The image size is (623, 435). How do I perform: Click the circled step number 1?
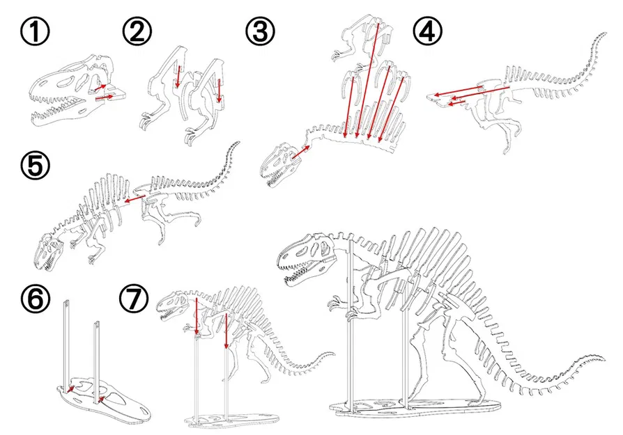pos(35,32)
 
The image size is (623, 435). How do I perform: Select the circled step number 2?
pos(137,31)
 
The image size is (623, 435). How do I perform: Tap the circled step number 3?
pos(259,31)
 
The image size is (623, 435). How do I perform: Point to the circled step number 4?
pos(426,32)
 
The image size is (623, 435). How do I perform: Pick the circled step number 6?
pos(34,299)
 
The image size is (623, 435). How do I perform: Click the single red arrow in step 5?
pos(136,200)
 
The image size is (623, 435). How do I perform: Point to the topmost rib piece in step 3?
pos(359,35)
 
